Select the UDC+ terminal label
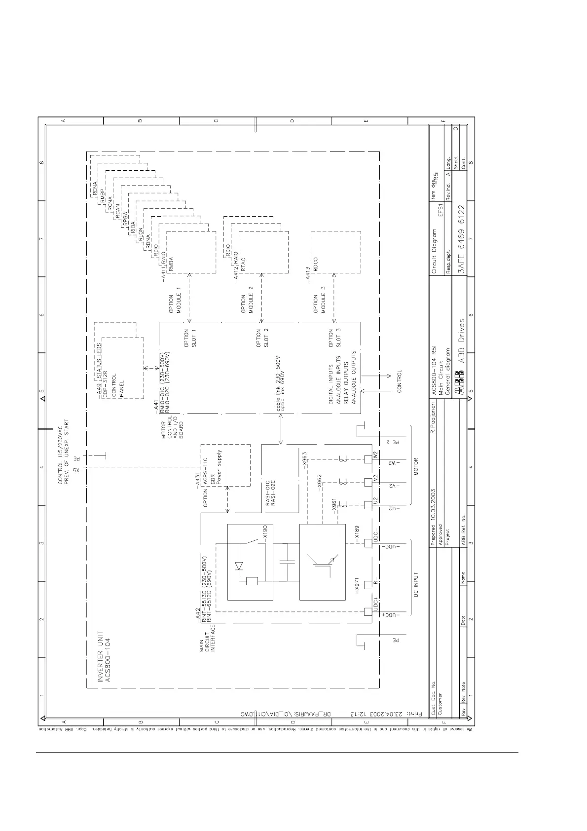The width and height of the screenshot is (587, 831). point(376,604)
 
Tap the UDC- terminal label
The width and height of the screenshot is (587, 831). point(376,535)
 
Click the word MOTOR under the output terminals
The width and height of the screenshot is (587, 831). point(415,466)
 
